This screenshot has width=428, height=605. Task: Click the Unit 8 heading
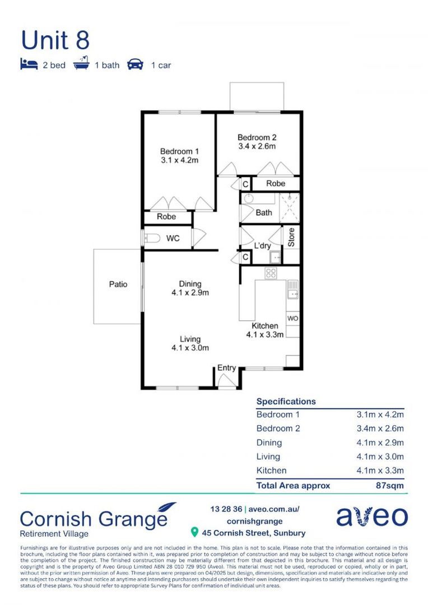click(55, 40)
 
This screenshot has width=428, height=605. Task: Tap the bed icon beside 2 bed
click(29, 64)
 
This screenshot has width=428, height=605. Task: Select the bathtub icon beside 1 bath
click(81, 63)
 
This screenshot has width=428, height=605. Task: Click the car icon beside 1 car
click(135, 64)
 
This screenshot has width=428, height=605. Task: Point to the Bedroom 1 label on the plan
click(179, 151)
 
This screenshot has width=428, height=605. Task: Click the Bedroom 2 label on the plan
click(257, 137)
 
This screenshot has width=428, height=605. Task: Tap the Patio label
click(118, 285)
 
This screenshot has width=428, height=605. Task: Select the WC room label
click(173, 239)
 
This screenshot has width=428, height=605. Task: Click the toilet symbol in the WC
click(152, 238)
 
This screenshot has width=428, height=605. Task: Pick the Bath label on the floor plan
click(264, 213)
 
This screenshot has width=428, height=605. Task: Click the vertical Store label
click(291, 238)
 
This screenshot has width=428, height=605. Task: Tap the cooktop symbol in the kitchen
click(271, 273)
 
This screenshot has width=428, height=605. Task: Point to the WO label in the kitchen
click(293, 319)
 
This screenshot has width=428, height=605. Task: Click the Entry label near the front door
click(226, 367)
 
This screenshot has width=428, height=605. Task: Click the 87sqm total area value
click(390, 486)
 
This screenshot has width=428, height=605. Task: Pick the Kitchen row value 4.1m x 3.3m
click(380, 471)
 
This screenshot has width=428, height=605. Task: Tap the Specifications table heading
click(286, 402)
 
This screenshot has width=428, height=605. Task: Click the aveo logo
click(372, 516)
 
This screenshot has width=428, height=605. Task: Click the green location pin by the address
click(195, 533)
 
